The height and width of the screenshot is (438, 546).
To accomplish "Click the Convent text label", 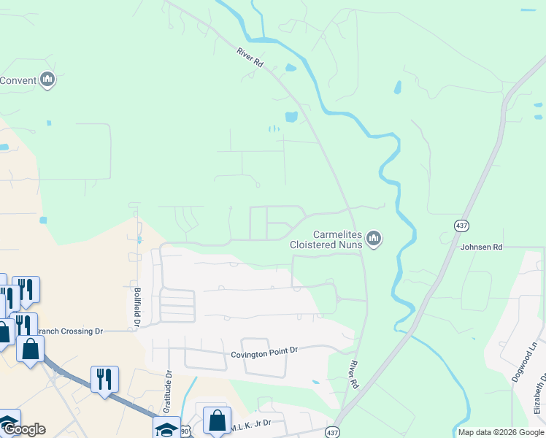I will click(18, 80).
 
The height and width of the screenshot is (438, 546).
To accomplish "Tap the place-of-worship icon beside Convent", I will click(47, 79).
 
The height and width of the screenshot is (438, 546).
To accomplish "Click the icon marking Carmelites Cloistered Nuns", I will click(374, 239).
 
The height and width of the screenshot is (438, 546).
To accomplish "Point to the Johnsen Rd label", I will click(481, 247).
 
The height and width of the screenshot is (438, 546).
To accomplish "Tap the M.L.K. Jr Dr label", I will click(251, 423).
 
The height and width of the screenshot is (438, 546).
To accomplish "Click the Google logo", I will click(23, 429).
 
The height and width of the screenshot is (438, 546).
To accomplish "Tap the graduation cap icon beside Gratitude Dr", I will click(166, 429).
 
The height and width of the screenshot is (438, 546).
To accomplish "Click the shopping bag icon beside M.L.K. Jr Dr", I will click(217, 420).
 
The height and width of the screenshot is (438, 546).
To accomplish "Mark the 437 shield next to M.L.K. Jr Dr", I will click(333, 432).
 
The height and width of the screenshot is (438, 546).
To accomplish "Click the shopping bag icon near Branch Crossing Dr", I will click(31, 348).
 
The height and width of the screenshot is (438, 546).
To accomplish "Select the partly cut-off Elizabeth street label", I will click(540, 394).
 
